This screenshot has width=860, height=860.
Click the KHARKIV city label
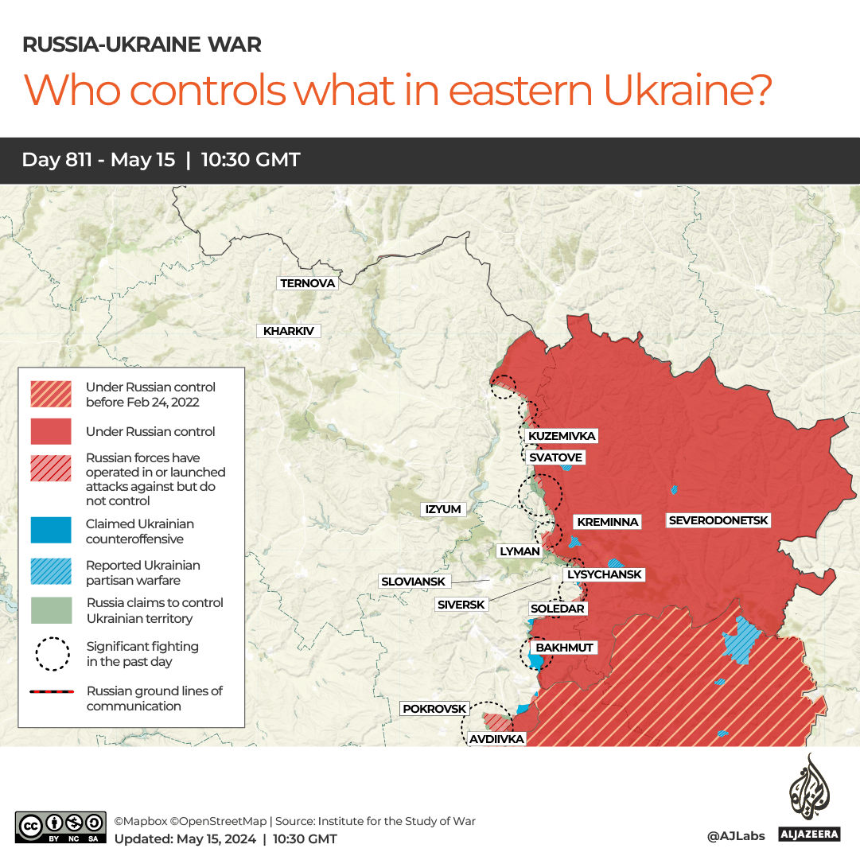pos(288,331)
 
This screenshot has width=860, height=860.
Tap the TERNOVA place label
pos(308,283)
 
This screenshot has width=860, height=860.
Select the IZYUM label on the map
pos(443,509)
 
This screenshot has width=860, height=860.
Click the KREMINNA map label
pos(608,522)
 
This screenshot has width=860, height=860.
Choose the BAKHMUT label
pos(564,648)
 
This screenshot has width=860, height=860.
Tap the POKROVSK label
pos(434,708)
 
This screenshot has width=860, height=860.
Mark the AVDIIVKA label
pos(496,739)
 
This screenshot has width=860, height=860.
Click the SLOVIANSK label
pos(413,582)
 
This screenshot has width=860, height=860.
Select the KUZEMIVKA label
pos(562,436)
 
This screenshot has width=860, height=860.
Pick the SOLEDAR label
pos(557,609)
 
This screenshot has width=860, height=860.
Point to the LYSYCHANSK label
pos(604,574)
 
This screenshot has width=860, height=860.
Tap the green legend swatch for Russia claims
pos(51,610)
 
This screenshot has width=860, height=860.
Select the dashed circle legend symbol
pos(51,654)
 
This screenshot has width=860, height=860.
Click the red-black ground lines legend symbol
pos(51,692)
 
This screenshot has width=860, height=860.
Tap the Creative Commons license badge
pos(60,827)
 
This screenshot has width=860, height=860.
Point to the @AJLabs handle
pos(735,835)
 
